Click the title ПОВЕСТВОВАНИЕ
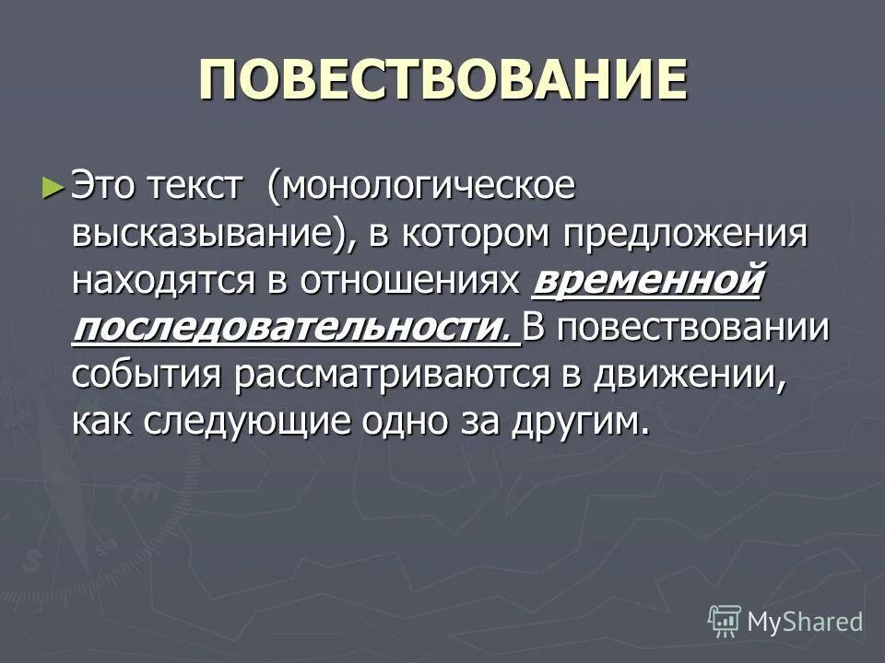point(442,81)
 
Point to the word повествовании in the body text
point(692,329)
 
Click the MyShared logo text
point(805,622)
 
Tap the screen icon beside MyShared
point(725,621)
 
